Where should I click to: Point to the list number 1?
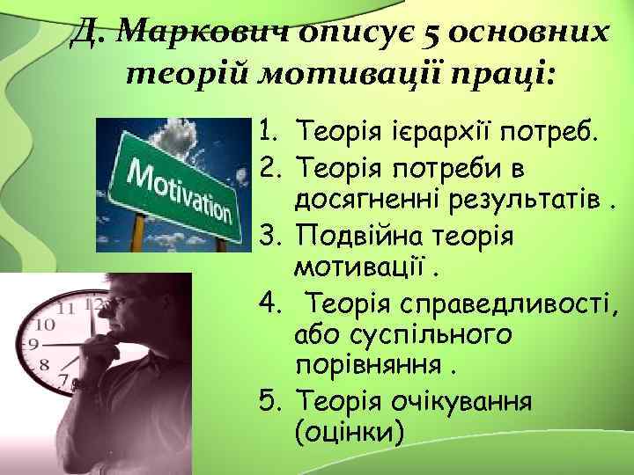tap(269, 133)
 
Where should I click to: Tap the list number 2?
tap(269, 165)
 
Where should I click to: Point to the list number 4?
tap(269, 304)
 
